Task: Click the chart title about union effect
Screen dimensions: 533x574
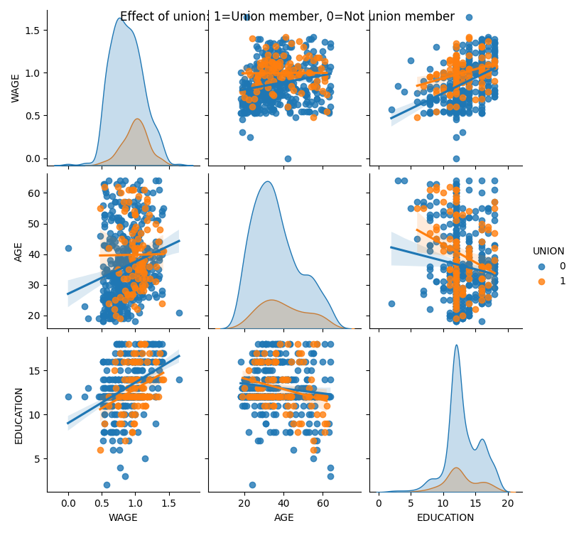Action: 287,16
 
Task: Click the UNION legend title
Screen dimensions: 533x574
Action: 548,251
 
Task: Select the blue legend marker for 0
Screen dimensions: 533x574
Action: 541,266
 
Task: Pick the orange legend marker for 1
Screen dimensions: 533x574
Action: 541,281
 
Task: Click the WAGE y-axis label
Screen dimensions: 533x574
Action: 16,88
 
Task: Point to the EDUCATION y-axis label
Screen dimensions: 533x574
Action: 19,416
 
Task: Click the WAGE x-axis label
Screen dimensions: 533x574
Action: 123,517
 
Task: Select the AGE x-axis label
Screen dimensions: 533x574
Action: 284,517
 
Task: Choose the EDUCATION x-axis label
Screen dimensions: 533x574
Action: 445,517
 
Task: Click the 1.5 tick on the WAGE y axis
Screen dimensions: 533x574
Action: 33,30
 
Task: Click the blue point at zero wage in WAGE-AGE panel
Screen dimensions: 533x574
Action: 288,158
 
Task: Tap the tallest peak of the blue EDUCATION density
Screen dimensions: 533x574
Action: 456,346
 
